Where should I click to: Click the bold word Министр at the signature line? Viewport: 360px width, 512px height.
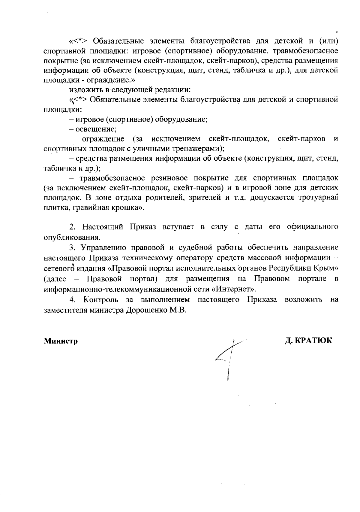coord(61,341)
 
